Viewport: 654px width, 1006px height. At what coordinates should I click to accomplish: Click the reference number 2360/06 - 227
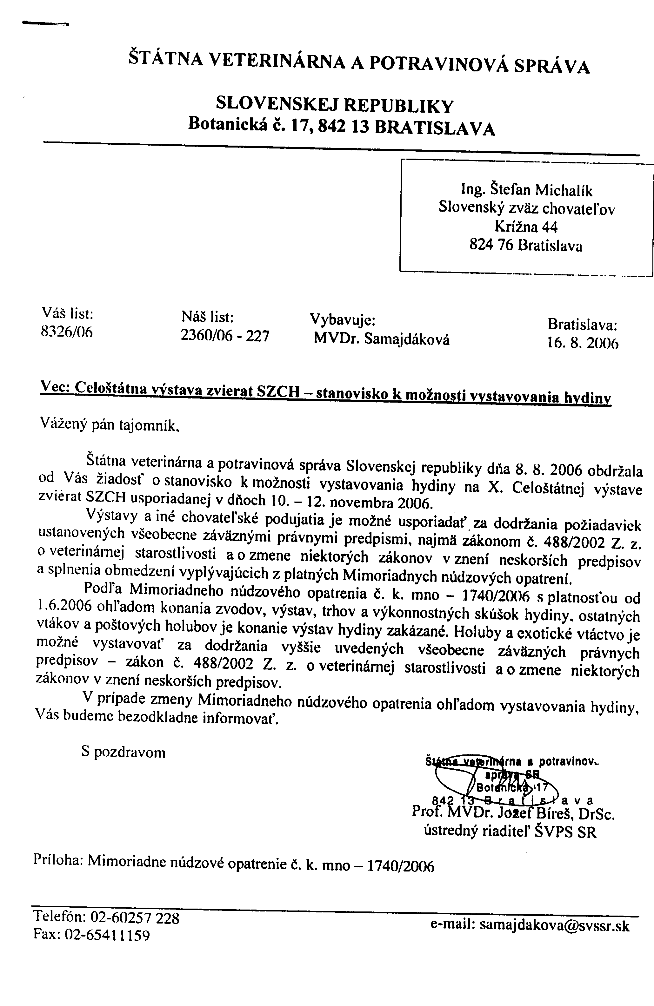point(225,336)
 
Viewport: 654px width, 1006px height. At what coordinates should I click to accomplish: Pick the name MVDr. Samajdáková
point(381,339)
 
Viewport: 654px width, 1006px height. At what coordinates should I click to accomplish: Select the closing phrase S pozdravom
point(123,753)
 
